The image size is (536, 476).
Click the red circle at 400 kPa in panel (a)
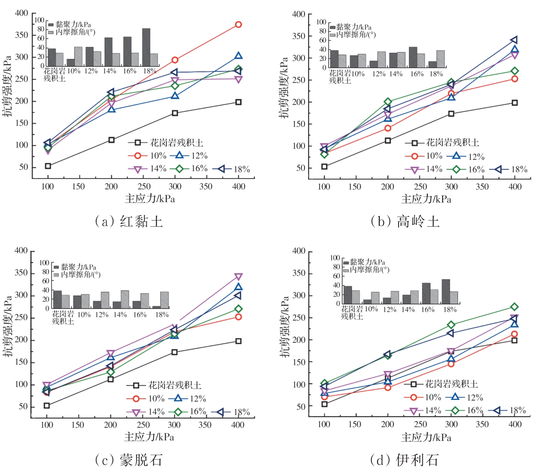(238, 25)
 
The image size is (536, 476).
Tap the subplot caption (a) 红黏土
(129, 221)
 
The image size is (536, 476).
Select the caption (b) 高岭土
(404, 221)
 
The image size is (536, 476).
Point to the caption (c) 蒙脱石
(129, 460)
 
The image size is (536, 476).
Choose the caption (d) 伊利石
(404, 460)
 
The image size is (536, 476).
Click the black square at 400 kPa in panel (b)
(515, 103)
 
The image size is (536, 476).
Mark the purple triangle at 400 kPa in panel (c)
(238, 277)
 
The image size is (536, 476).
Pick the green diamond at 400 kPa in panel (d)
(514, 307)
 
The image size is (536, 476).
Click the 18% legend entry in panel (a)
(232, 169)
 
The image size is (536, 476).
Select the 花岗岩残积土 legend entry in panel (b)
(442, 143)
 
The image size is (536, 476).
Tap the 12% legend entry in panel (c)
(188, 398)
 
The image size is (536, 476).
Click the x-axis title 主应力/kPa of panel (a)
(150, 199)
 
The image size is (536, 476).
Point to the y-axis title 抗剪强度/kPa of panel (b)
(283, 87)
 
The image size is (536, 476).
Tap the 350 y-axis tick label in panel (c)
(21, 273)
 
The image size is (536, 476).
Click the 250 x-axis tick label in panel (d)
(420, 424)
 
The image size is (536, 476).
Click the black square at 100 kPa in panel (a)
(48, 166)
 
